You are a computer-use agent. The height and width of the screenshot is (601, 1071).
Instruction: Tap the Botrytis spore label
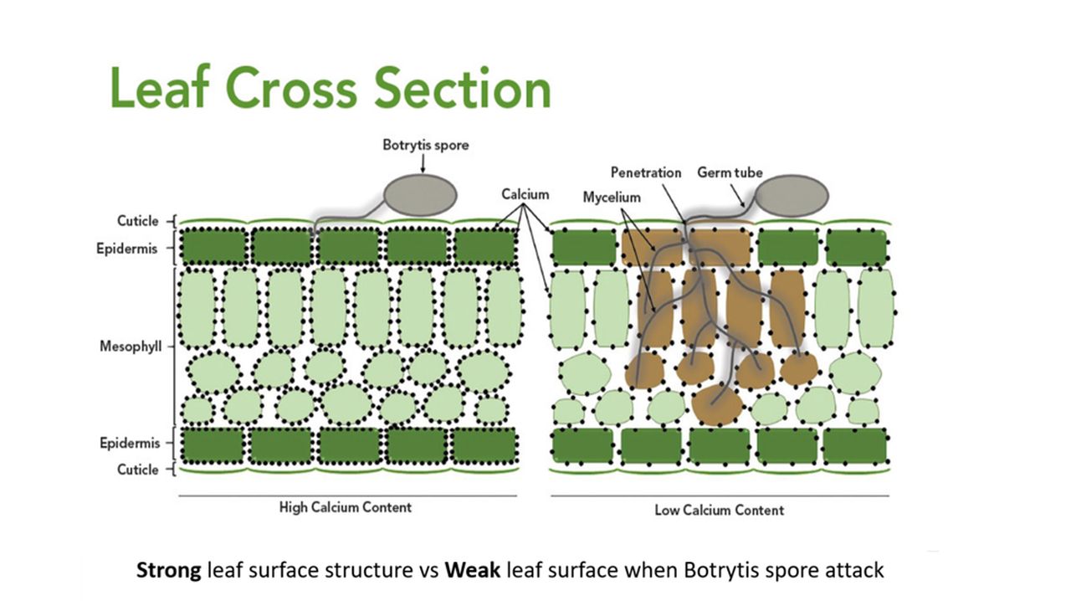(425, 146)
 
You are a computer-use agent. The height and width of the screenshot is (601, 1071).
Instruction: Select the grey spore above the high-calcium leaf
(421, 194)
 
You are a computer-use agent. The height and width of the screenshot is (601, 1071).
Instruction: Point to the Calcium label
(525, 194)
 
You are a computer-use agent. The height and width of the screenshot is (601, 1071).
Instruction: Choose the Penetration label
(646, 172)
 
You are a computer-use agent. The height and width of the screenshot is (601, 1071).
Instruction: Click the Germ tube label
(730, 172)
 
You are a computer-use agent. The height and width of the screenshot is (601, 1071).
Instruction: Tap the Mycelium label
(611, 198)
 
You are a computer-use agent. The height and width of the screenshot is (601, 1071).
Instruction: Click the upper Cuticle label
(137, 221)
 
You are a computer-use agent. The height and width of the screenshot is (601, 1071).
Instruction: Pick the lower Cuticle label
(137, 470)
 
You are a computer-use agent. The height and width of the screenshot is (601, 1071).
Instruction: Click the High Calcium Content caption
(345, 507)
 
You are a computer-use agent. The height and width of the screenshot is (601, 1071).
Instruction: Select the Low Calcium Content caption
(719, 510)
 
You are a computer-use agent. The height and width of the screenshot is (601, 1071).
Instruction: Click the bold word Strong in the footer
(168, 571)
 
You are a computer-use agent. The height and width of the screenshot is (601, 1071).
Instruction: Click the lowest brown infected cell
(718, 405)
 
